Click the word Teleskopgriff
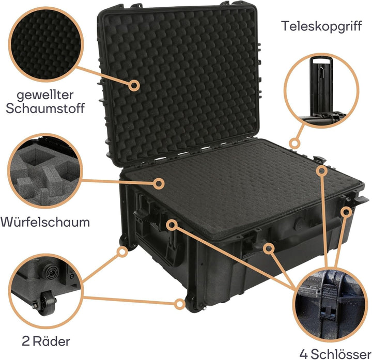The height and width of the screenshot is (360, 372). coord(321,25)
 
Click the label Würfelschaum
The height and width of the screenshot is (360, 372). coord(45,223)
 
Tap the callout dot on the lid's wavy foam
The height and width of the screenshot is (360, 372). coord(134,85)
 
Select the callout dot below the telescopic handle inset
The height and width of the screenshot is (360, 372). coord(295,143)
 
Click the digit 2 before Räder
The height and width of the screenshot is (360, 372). coord(26,341)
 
